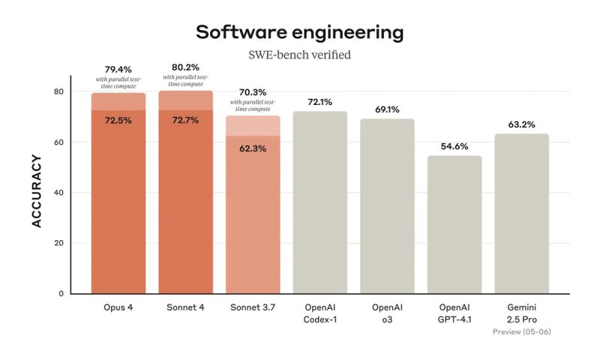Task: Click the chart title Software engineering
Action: tap(299, 32)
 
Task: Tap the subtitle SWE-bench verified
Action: tap(299, 55)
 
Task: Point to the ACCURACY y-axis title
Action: tap(35, 192)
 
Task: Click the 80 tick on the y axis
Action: tap(58, 91)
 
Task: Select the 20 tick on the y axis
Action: tap(58, 243)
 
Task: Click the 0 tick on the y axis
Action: tap(61, 294)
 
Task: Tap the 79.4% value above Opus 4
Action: tap(118, 69)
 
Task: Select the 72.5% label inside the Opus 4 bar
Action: tap(118, 120)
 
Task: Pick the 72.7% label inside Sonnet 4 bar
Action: tap(185, 120)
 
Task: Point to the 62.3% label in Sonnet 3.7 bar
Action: tap(253, 148)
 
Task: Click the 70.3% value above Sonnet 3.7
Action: tap(253, 91)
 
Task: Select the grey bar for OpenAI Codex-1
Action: tap(320, 202)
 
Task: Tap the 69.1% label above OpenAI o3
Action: tap(387, 109)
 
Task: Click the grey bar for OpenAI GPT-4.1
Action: tap(454, 225)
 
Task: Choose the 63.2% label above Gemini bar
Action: tap(521, 124)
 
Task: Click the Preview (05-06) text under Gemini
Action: tap(521, 331)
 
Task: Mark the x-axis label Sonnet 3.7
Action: tap(253, 308)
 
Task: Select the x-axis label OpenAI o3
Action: tap(387, 313)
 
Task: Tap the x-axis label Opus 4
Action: tap(118, 308)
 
